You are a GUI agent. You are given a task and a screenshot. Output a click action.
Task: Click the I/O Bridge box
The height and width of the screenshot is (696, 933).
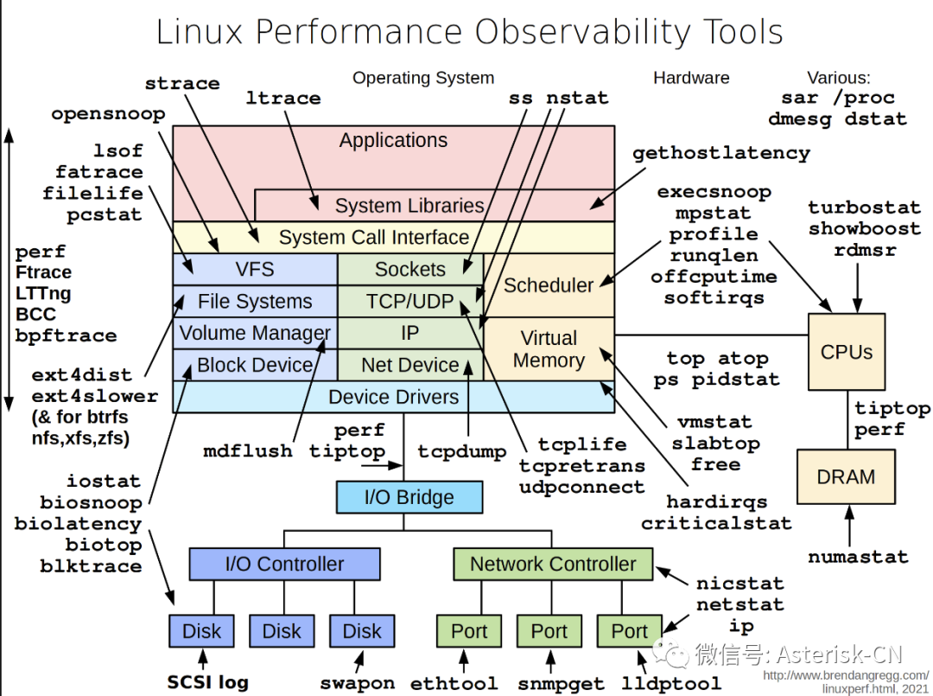click(x=409, y=497)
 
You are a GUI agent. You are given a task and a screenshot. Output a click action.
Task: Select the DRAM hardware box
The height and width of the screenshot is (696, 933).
click(x=846, y=476)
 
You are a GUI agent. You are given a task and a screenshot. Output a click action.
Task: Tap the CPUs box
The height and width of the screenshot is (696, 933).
click(x=846, y=352)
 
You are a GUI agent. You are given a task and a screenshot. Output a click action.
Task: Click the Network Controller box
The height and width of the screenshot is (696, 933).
click(x=553, y=564)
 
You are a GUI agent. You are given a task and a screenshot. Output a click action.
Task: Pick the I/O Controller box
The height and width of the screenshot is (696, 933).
click(x=284, y=564)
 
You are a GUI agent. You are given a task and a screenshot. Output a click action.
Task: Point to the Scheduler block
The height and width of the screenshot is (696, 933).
click(x=549, y=284)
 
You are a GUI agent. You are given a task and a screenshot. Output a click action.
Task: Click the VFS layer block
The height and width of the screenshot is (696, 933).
click(x=255, y=269)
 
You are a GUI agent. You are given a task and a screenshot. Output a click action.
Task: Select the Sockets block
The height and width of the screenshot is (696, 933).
click(x=409, y=269)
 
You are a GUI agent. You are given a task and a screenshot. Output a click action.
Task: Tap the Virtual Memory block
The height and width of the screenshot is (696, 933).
click(x=549, y=349)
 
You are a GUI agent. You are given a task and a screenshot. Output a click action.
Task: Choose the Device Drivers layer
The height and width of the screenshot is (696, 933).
click(x=393, y=397)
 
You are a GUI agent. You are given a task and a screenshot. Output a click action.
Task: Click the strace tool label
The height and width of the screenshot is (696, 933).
click(x=182, y=84)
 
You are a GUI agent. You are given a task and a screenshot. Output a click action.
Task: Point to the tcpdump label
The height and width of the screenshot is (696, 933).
click(x=461, y=451)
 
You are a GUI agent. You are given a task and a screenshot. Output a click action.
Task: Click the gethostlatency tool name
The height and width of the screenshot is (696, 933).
click(x=721, y=154)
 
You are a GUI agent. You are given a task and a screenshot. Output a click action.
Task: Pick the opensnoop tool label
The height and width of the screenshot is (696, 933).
click(x=108, y=114)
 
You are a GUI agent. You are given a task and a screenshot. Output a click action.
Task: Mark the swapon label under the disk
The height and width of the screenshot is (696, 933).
click(x=357, y=682)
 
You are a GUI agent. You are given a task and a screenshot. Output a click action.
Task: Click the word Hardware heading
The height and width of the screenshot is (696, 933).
click(x=691, y=78)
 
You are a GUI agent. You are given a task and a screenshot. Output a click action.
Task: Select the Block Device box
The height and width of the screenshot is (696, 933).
click(x=255, y=365)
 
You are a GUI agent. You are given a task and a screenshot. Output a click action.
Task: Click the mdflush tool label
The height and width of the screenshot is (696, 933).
click(x=248, y=451)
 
